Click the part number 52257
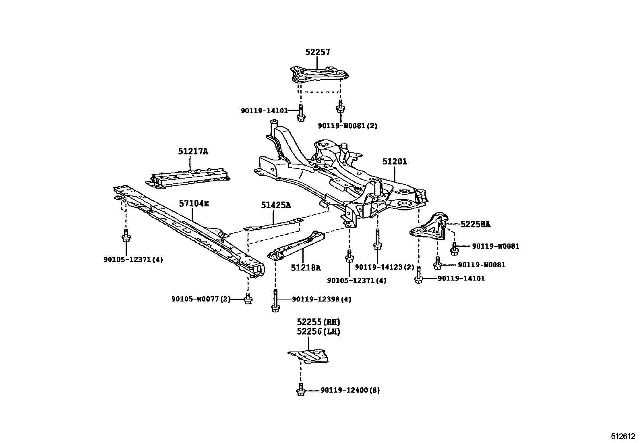click(317, 52)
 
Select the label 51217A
click(193, 152)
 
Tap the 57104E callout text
click(194, 204)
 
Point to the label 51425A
click(275, 205)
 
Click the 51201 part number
click(395, 162)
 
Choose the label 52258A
click(475, 225)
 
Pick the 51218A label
click(306, 267)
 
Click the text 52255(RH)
click(318, 322)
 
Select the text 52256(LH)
click(318, 332)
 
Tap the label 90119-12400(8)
click(350, 390)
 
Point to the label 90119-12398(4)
click(321, 299)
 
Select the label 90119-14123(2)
click(384, 267)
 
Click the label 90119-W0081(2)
click(347, 126)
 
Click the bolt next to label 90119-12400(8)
click(300, 390)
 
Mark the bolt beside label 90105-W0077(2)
click(248, 299)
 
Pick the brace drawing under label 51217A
click(189, 178)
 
